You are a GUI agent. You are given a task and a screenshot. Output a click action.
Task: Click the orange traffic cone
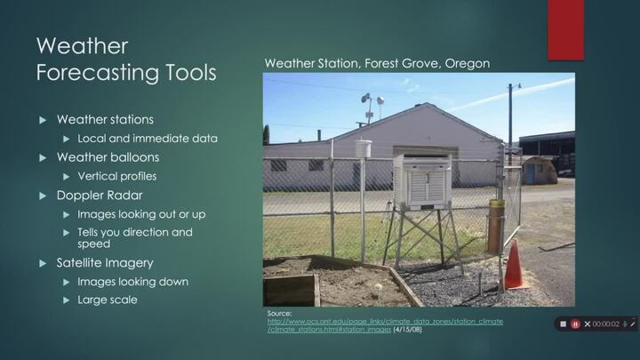[514, 267]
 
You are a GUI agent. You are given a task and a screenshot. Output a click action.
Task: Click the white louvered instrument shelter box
[422, 182]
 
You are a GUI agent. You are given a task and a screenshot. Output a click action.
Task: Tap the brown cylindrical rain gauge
[495, 226]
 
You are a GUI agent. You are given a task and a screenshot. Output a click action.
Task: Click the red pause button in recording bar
[575, 324]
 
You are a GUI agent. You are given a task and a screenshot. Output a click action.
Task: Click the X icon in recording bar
[588, 324]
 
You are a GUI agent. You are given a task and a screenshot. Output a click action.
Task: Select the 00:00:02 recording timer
[606, 324]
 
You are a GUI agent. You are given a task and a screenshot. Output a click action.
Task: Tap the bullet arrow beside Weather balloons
[42, 157]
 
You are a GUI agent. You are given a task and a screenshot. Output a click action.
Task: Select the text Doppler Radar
[100, 195]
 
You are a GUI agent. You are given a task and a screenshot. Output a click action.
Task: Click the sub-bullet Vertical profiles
[117, 176]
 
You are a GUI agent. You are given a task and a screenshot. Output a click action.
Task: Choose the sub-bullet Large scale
[108, 300]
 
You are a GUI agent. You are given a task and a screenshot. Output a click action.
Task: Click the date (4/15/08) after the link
[408, 330]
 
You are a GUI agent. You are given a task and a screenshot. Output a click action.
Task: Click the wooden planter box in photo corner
[291, 289]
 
